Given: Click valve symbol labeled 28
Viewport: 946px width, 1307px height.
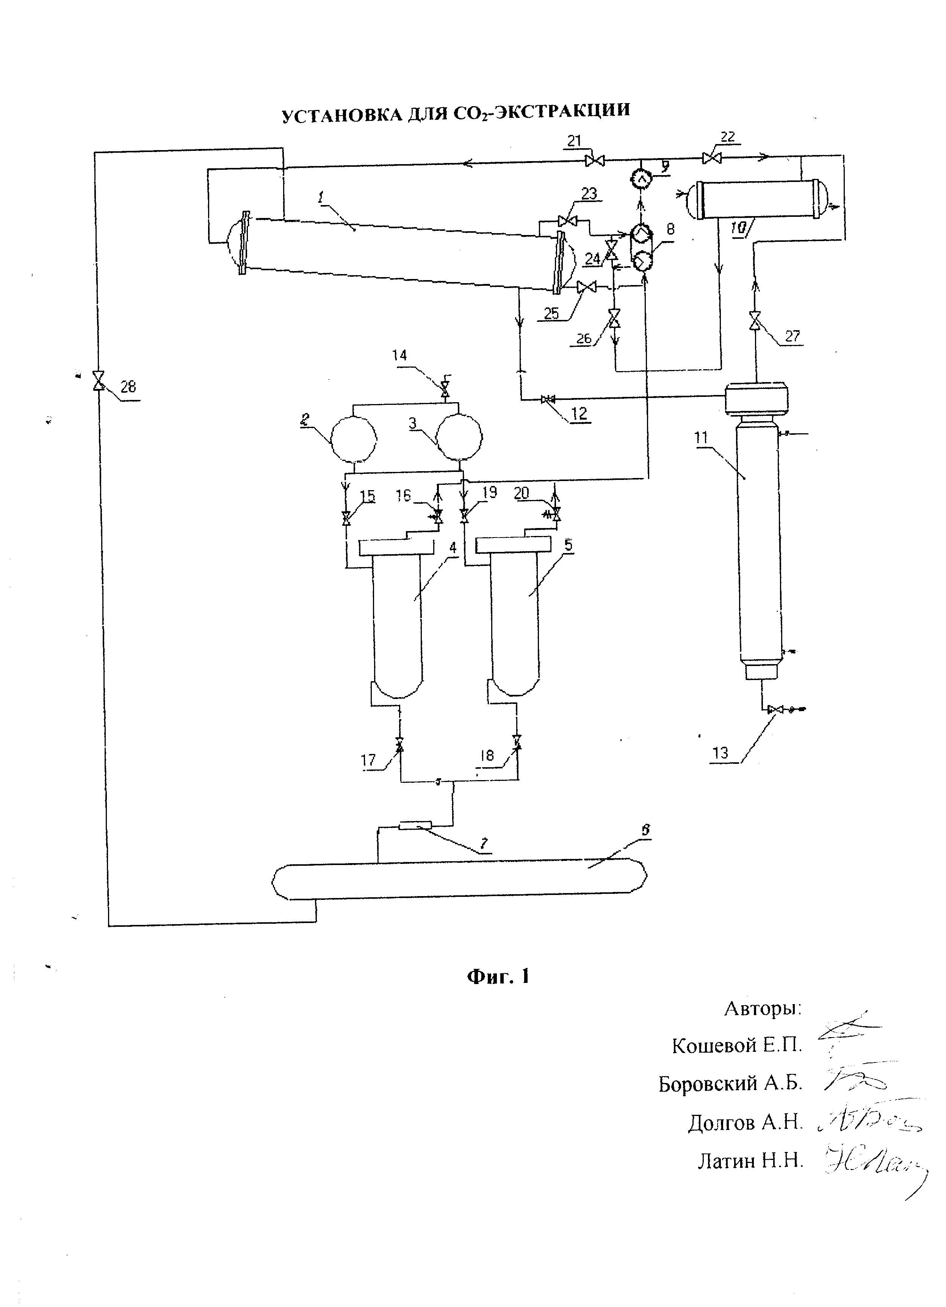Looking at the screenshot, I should (99, 380).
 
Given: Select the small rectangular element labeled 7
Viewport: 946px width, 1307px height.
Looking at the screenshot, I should (415, 826).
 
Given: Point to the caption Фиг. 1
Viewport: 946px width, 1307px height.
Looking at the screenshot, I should (498, 976).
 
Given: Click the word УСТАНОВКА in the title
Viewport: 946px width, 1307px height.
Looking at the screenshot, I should (342, 115).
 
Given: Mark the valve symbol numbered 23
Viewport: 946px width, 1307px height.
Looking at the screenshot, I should (568, 221).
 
